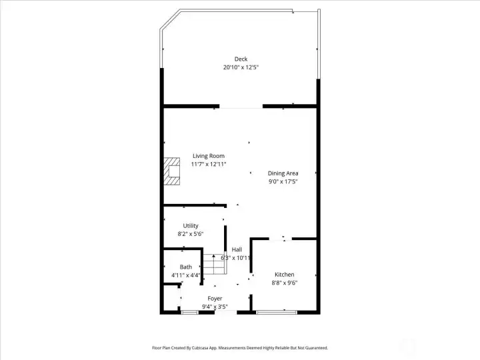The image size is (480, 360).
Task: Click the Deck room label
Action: click(241, 59)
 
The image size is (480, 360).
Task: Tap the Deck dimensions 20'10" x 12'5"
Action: click(241, 67)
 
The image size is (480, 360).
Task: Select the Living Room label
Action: click(209, 156)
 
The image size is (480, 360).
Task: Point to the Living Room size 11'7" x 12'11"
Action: click(209, 165)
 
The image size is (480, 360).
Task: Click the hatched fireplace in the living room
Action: click(172, 171)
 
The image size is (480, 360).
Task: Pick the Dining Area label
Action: click(283, 173)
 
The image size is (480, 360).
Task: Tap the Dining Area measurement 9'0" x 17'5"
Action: click(283, 181)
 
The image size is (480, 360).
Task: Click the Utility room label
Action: click(191, 226)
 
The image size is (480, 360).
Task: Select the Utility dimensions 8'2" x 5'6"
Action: click(191, 234)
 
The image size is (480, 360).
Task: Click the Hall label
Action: click(237, 250)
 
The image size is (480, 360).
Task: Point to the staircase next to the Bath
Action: click(214, 264)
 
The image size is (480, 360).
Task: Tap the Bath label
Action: click(186, 267)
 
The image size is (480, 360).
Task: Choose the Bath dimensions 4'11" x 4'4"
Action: click(186, 275)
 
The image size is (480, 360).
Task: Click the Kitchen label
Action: click(285, 275)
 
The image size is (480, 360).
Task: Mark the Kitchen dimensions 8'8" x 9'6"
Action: click(285, 283)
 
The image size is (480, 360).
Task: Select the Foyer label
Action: click(215, 299)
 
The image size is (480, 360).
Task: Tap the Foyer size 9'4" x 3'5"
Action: click(215, 307)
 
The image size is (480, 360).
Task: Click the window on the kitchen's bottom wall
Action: click(277, 313)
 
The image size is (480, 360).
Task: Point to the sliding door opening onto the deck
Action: click(241, 107)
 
